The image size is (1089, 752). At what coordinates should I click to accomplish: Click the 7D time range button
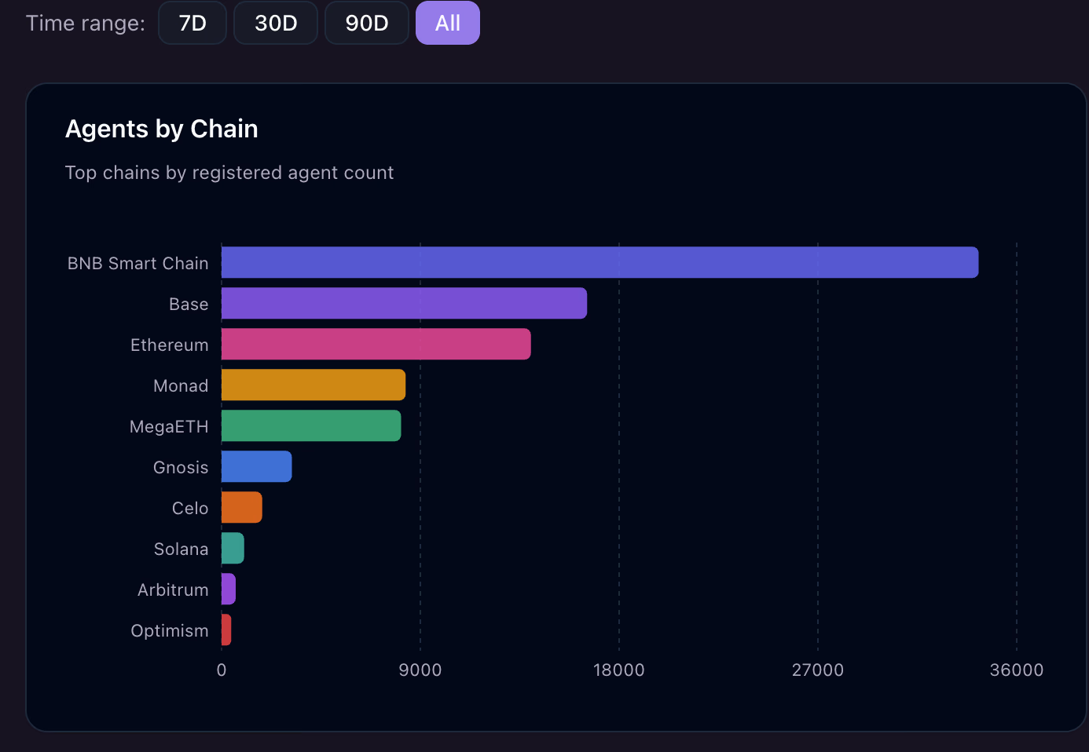pos(192,23)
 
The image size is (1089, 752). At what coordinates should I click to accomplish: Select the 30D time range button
pos(276,23)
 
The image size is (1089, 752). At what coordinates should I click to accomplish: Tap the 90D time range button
pos(367,23)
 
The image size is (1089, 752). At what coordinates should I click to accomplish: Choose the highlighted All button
pos(447,23)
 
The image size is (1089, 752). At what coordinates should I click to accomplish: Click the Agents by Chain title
pos(161,129)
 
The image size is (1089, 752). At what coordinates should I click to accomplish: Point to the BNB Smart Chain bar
pos(599,262)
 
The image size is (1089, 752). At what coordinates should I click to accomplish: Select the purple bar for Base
pos(404,303)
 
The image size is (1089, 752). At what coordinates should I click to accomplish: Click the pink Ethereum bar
pos(376,344)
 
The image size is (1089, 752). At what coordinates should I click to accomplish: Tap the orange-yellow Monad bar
pos(313,385)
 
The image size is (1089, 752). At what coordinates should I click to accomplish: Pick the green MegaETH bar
pos(311,425)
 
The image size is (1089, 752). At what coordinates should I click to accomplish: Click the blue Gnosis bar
pos(256,466)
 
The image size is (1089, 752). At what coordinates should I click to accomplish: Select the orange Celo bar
pos(241,507)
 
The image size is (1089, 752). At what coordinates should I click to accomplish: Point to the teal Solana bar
pos(233,548)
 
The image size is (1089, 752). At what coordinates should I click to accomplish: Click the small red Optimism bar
pos(226,630)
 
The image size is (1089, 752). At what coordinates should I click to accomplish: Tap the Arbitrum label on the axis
pos(173,590)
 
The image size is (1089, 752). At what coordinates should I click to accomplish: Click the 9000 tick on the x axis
pos(420,670)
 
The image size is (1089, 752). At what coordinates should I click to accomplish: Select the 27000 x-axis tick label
pos(817,670)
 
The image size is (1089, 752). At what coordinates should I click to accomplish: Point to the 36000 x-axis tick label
pos(1016,670)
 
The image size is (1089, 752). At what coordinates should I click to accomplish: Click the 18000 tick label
pos(618,670)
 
